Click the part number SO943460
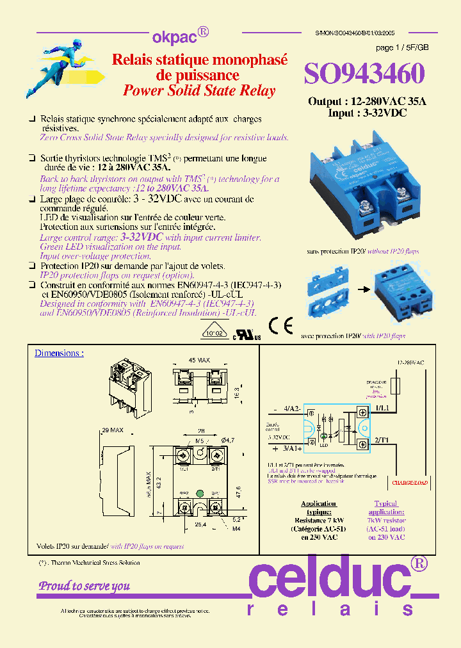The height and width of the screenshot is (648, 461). tap(364, 74)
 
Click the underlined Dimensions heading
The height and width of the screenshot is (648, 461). tap(59, 353)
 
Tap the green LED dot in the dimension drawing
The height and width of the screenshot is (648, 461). tap(200, 493)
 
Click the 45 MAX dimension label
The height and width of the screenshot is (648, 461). tap(200, 360)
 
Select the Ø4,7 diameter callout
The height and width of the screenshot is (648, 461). tap(227, 440)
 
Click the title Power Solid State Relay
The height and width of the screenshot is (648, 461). tap(199, 90)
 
